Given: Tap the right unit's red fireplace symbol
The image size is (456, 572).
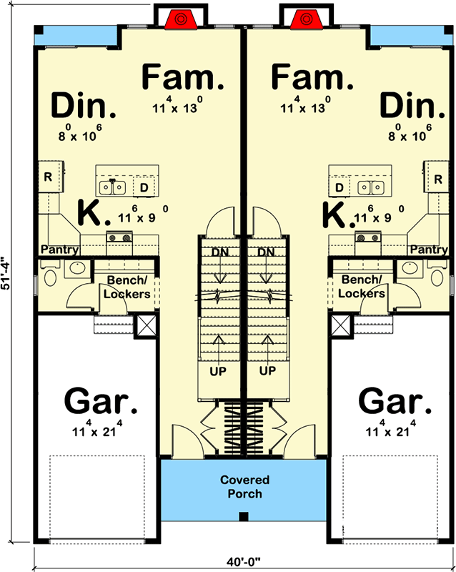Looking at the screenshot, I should click(308, 19).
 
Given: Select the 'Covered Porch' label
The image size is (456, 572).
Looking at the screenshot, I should click(245, 487).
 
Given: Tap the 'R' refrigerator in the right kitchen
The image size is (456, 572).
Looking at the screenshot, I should click(435, 176).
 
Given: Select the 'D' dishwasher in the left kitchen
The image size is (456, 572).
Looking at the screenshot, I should click(144, 187).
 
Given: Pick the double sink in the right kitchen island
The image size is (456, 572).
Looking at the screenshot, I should click(370, 187).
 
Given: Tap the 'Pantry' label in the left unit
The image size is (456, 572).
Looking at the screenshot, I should click(59, 250).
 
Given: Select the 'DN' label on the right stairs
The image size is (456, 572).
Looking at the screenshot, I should click(267, 252).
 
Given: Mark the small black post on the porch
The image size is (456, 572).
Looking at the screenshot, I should click(244, 517).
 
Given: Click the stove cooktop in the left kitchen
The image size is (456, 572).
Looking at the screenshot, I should click(118, 238).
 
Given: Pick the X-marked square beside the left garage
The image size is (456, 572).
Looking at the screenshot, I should click(144, 325).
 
